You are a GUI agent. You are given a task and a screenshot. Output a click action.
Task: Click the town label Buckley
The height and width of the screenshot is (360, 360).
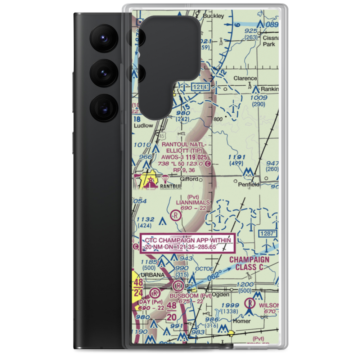point(213,16)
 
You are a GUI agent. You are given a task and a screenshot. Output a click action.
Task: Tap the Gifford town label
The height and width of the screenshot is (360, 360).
point(189,179)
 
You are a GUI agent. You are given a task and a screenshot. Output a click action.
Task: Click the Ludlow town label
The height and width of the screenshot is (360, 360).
point(143,126)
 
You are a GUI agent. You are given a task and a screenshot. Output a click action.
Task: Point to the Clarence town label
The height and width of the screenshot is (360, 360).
point(245,78)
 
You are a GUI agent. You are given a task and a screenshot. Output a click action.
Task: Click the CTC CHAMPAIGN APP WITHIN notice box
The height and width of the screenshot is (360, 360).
point(188,243)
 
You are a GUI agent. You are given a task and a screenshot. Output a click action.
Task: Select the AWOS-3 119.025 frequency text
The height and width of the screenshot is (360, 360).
point(184,157)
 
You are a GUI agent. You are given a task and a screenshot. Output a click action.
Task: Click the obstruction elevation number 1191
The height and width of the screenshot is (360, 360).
point(237,157)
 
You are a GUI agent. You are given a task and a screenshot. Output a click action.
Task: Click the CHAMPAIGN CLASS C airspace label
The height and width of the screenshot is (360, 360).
point(249,264)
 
